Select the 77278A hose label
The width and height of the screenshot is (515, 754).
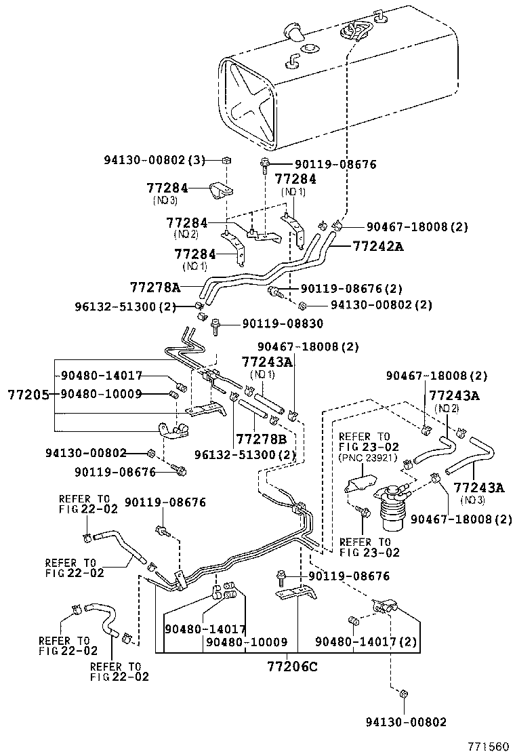(x=154, y=287)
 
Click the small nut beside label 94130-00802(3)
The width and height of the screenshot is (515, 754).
(x=226, y=161)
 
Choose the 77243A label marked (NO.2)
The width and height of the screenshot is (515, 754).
(x=454, y=395)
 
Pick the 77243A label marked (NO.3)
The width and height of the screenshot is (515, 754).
(x=479, y=488)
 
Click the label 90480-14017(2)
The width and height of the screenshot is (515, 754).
(x=366, y=641)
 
